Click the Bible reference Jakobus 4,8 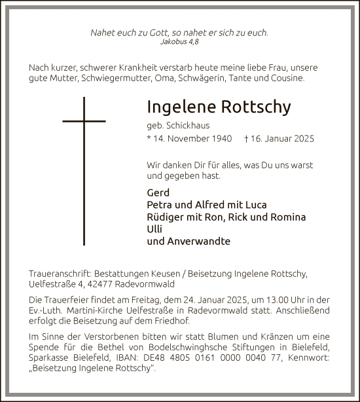pyautogui.click(x=179, y=41)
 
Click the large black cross pyautogui.click(x=84, y=170)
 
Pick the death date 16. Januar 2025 pyautogui.click(x=283, y=139)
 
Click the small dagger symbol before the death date pyautogui.click(x=245, y=139)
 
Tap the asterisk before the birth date pyautogui.click(x=150, y=139)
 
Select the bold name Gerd pyautogui.click(x=158, y=192)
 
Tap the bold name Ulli pyautogui.click(x=155, y=229)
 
